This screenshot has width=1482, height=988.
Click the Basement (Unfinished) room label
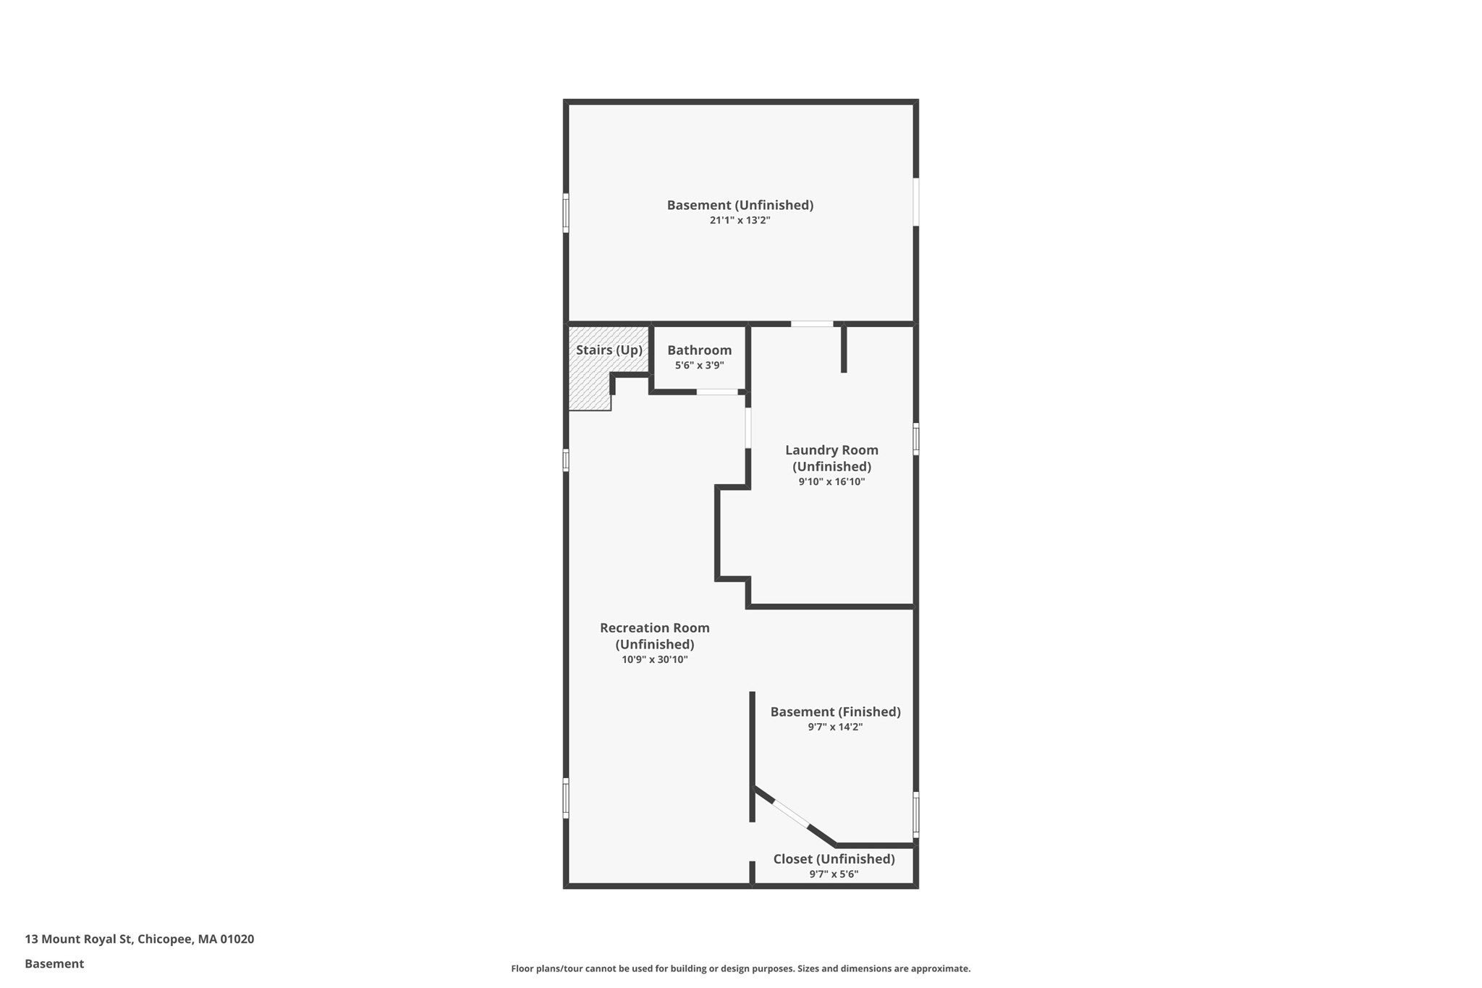(740, 205)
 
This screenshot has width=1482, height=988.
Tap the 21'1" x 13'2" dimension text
(740, 220)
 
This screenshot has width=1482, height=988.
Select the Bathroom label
(700, 350)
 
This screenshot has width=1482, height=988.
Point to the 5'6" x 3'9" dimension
(700, 366)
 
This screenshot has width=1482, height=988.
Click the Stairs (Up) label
(609, 350)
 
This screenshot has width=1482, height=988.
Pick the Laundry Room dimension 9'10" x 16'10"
(832, 481)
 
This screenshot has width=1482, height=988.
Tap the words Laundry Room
(832, 450)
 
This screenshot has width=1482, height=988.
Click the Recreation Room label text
(655, 628)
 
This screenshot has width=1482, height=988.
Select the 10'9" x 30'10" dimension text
(655, 659)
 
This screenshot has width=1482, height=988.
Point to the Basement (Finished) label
(836, 712)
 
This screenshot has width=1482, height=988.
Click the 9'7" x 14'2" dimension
(836, 727)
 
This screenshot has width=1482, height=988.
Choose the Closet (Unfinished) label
(834, 859)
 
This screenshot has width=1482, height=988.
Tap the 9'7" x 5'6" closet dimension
(834, 874)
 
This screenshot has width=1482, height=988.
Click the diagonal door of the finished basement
(791, 814)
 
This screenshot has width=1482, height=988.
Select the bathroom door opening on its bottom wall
(717, 392)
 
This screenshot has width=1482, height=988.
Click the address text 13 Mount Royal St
(79, 940)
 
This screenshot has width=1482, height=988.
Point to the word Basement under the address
(54, 964)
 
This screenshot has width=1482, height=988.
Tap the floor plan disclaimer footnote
(741, 968)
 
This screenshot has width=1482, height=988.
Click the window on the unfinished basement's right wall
(916, 202)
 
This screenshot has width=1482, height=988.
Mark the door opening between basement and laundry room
(812, 324)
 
